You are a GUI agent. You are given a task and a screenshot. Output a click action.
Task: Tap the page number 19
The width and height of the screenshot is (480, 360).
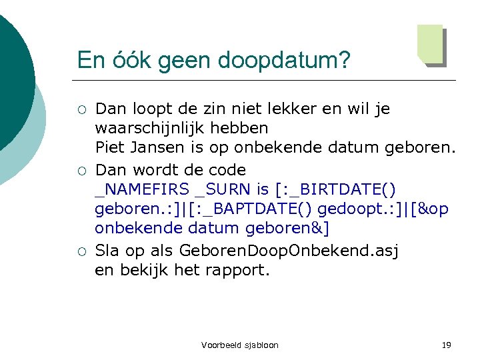[x=447, y=345]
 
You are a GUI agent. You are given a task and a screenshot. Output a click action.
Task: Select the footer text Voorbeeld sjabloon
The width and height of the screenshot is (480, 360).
[x=240, y=345]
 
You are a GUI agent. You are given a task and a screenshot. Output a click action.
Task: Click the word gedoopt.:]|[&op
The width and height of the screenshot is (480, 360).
[x=383, y=209]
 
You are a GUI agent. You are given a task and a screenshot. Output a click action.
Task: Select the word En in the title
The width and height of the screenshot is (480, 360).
[x=89, y=60]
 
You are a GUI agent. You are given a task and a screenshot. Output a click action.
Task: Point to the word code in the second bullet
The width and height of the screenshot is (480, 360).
[x=221, y=170]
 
